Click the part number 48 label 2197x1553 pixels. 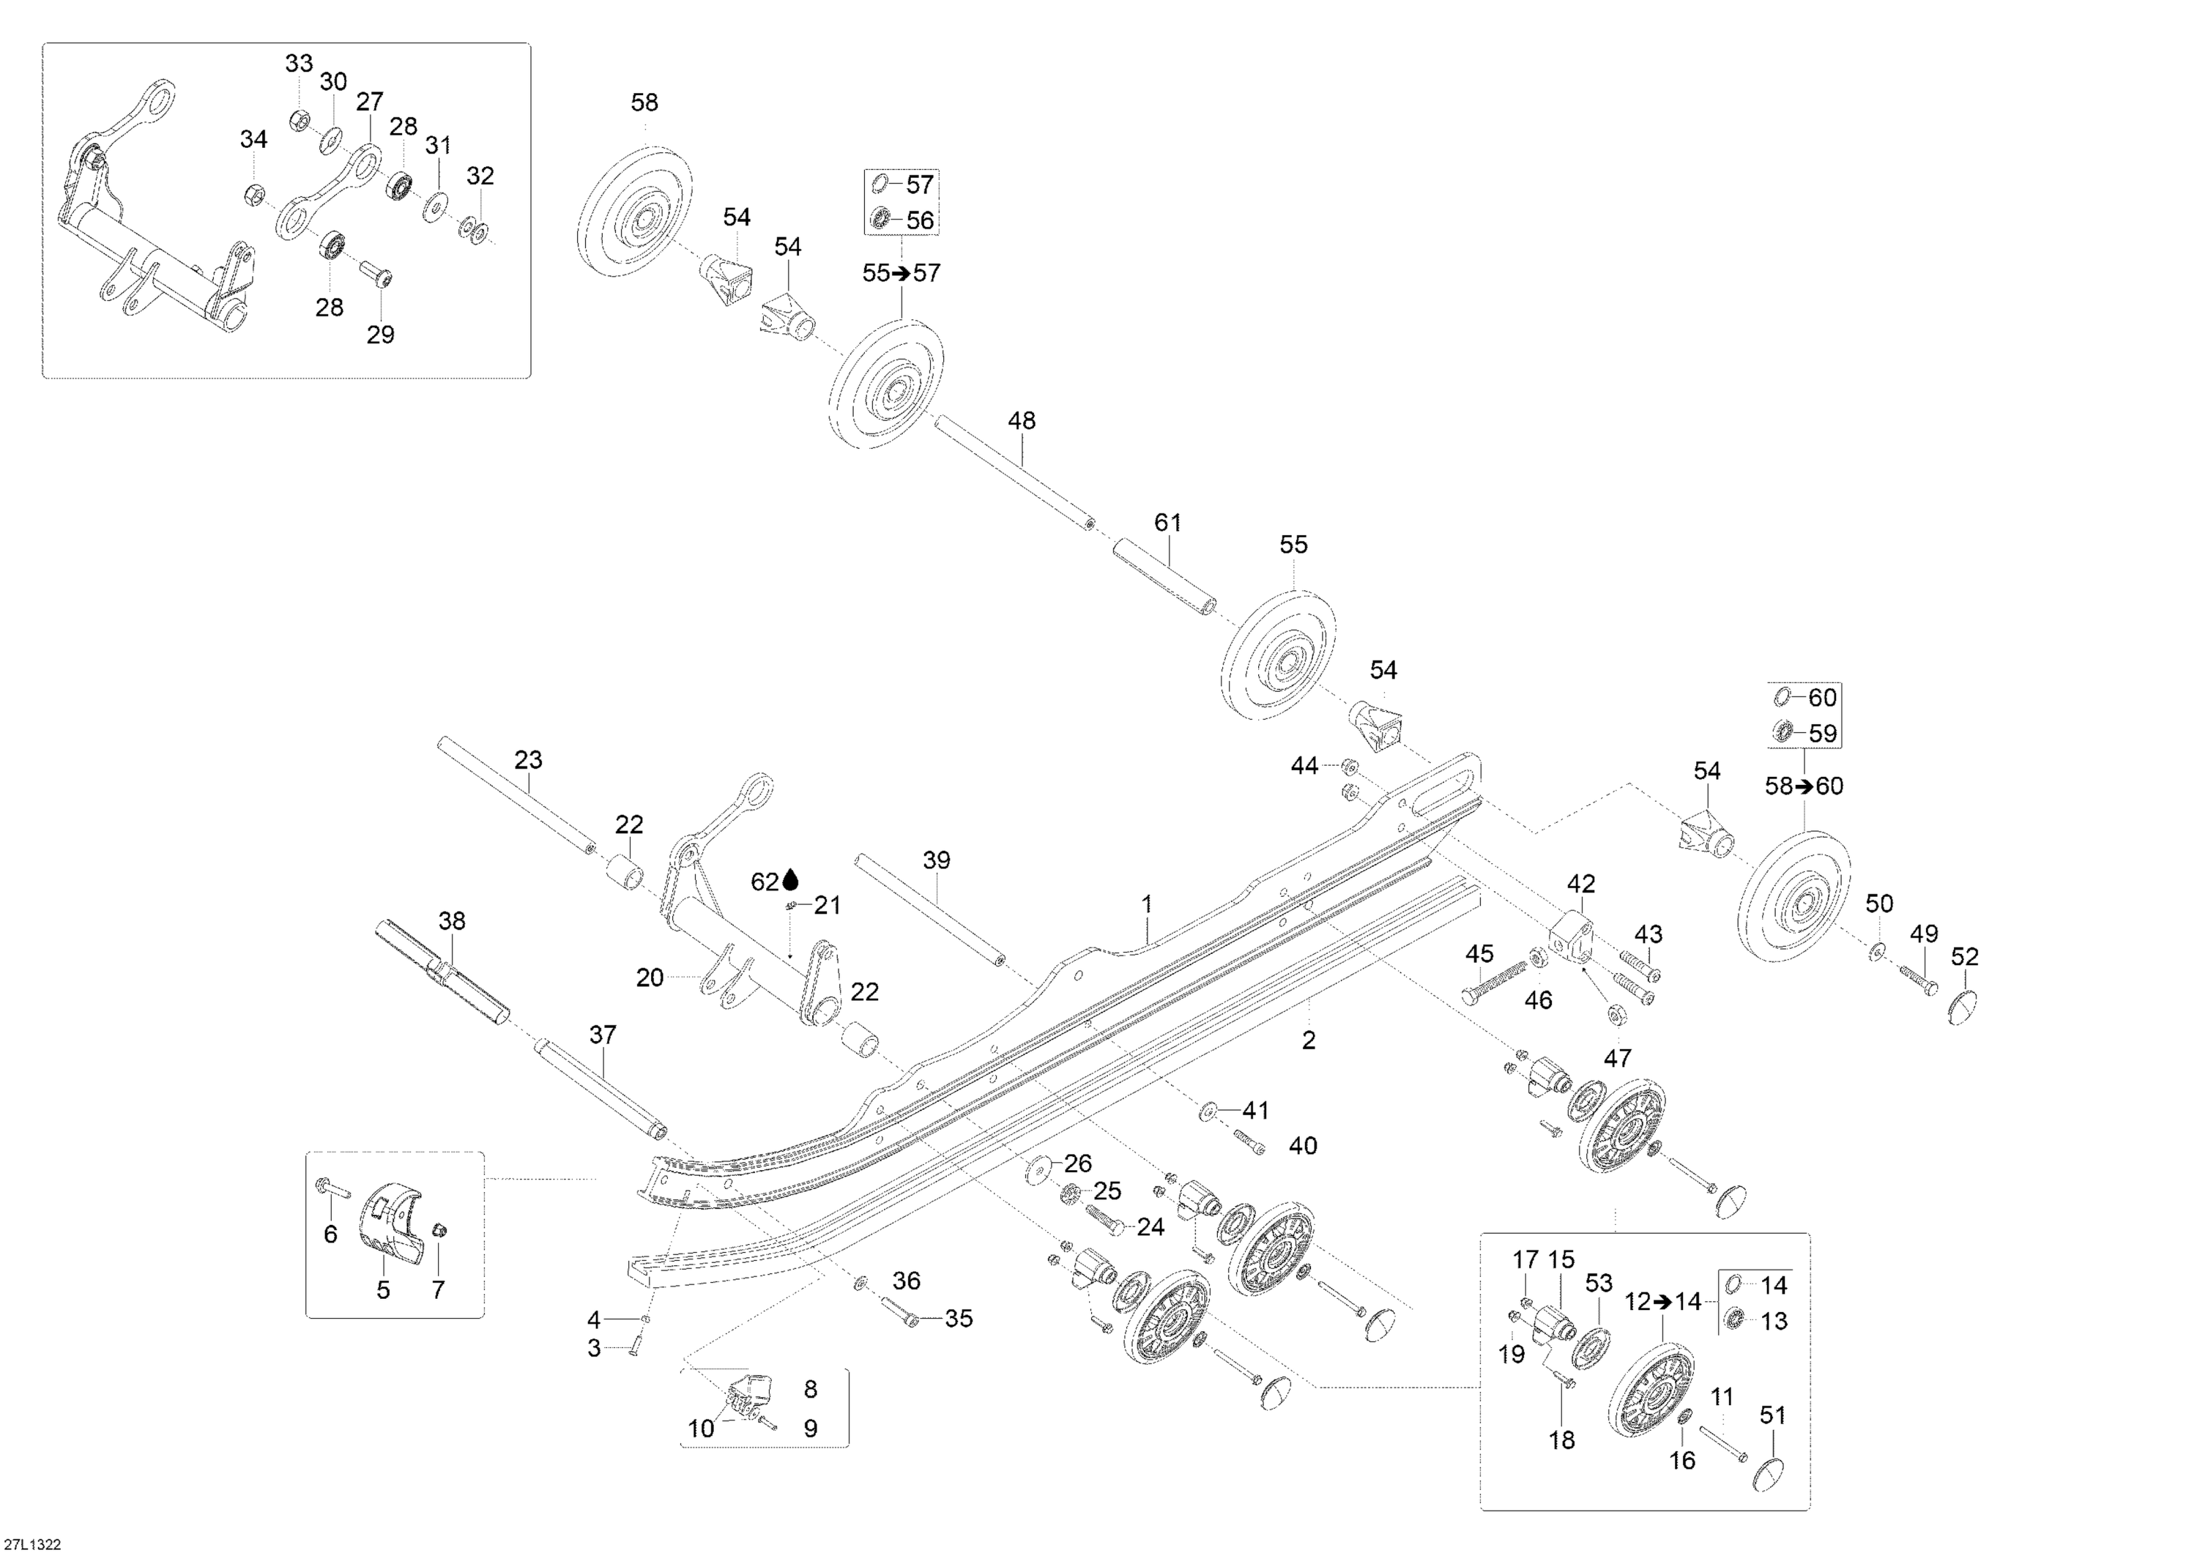[x=1021, y=421]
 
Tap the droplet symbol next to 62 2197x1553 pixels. [x=790, y=880]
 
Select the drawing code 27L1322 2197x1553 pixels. [x=31, y=1543]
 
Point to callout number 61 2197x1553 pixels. [x=1167, y=524]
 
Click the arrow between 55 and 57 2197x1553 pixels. [x=901, y=274]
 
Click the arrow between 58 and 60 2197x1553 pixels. [x=1804, y=786]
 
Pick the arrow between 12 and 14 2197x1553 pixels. [x=1662, y=1303]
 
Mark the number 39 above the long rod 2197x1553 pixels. [x=936, y=860]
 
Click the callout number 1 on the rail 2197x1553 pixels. [x=1146, y=904]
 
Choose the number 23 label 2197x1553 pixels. [x=528, y=760]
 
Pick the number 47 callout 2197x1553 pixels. [x=1617, y=1058]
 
